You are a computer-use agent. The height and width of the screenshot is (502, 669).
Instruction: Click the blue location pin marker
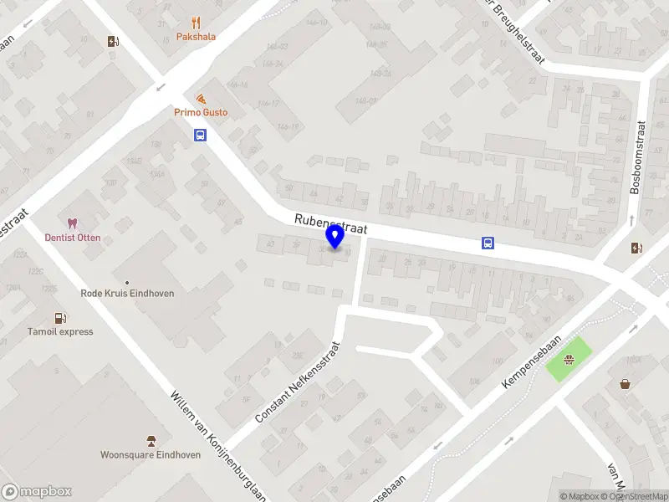(335, 237)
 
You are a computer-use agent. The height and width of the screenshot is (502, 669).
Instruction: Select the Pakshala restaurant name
(196, 38)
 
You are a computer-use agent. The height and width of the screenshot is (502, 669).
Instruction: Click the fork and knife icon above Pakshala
(197, 23)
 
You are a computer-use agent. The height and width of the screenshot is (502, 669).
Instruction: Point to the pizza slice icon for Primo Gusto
(201, 99)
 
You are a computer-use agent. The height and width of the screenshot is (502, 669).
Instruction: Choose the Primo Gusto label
(201, 112)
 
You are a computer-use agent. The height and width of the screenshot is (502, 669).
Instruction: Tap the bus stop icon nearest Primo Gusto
(201, 135)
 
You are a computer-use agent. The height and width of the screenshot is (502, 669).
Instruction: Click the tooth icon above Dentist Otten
(72, 223)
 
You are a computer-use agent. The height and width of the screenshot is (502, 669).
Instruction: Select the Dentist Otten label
(73, 238)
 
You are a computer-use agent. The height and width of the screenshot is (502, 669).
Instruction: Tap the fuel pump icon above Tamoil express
(59, 317)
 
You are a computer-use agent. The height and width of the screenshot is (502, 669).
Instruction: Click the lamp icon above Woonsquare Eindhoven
(151, 440)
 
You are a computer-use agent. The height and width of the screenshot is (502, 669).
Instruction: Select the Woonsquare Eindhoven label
(151, 455)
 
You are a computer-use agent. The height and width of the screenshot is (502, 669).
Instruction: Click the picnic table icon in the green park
(569, 361)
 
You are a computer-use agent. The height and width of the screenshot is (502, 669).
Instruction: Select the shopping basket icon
(625, 384)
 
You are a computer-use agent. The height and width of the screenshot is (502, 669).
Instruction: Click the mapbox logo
(37, 492)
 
